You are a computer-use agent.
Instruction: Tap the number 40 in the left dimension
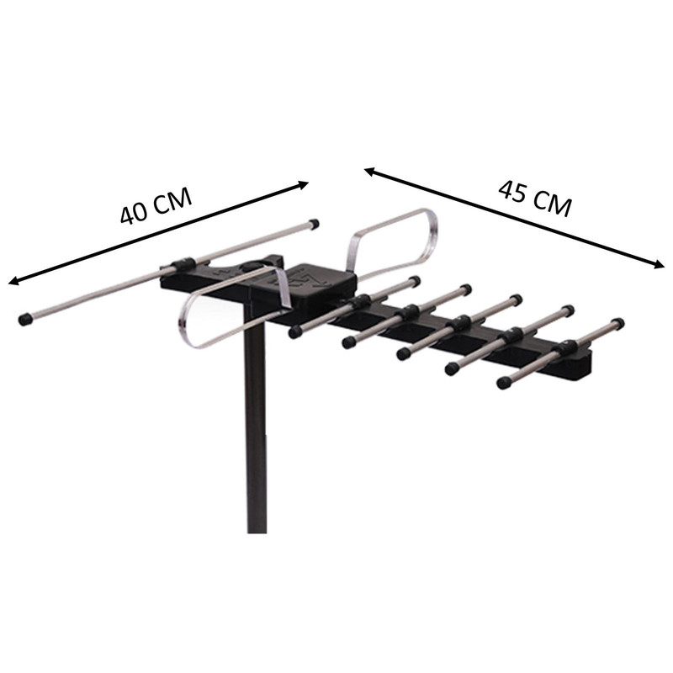(x=134, y=214)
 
